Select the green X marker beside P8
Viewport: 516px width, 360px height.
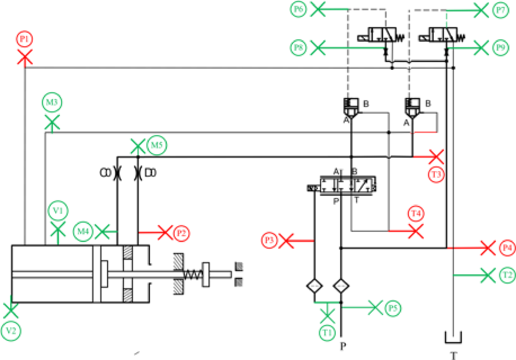[x=318, y=47]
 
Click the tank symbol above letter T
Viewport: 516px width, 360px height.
[x=453, y=337]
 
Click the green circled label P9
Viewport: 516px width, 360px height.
[x=501, y=47]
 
